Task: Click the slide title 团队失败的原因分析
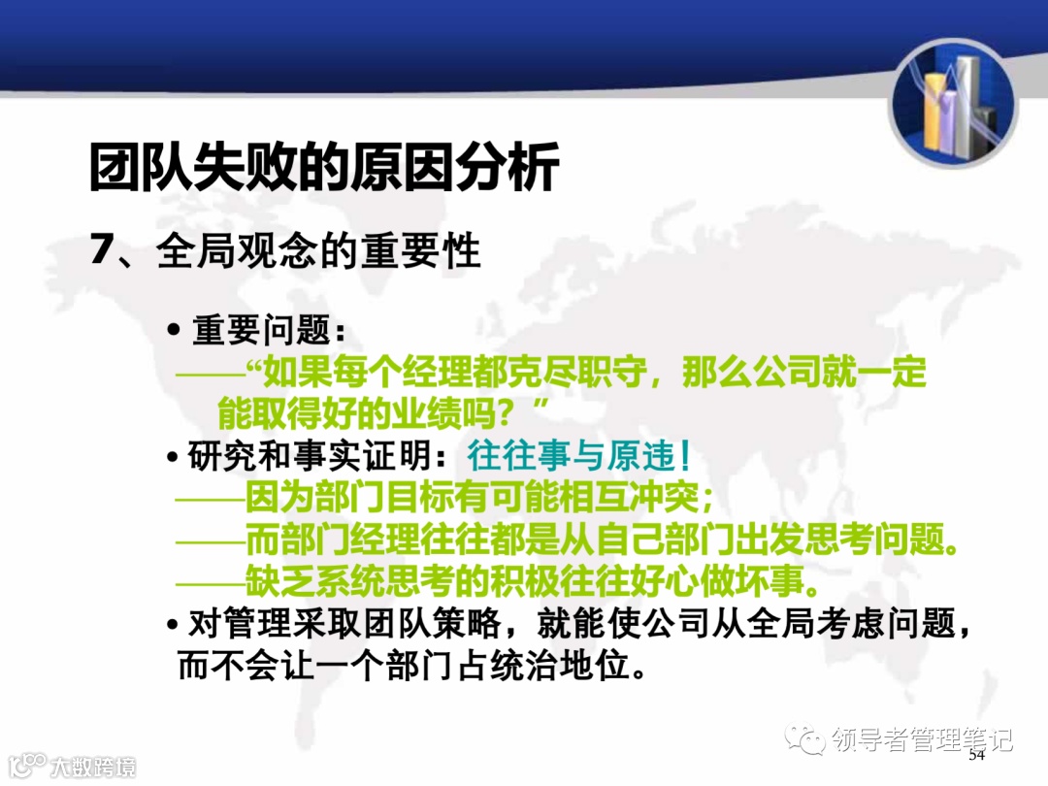(x=323, y=168)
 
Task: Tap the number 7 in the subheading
(x=103, y=250)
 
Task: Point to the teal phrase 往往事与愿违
(x=579, y=456)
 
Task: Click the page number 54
(x=976, y=755)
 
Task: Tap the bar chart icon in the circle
(x=953, y=105)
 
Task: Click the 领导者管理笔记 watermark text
(x=923, y=739)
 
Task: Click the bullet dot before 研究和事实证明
(x=173, y=457)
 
